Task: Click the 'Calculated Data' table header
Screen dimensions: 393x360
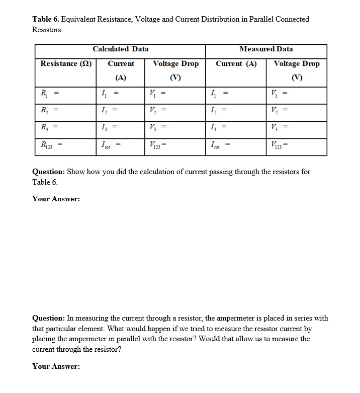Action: point(120,49)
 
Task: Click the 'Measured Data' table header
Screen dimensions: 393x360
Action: point(266,49)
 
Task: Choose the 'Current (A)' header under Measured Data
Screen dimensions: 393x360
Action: point(236,64)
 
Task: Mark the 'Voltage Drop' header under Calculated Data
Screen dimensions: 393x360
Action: point(175,64)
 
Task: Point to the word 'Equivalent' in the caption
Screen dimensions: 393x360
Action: point(79,19)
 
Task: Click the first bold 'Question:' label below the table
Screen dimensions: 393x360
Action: point(48,172)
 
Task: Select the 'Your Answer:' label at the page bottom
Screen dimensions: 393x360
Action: point(56,366)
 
